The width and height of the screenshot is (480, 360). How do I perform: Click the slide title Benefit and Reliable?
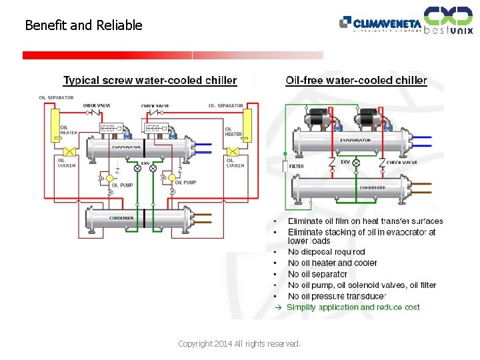coord(83,25)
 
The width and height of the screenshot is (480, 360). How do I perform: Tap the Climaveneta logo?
coord(381,23)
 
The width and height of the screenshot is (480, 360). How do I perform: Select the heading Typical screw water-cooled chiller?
coord(150,81)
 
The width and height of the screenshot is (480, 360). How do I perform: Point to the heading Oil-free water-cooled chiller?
coord(356,81)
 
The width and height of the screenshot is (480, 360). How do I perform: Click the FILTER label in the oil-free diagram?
coord(297,166)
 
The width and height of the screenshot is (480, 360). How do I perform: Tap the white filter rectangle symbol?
coord(285,167)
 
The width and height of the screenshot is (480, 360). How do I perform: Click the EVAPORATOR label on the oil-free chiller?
coord(355,140)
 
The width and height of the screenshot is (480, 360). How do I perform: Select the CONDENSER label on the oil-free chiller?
coord(372,188)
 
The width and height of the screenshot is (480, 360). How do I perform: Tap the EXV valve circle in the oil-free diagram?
coord(356,163)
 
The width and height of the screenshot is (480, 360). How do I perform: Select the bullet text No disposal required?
coord(326,252)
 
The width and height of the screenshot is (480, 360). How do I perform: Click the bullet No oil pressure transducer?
coord(337,296)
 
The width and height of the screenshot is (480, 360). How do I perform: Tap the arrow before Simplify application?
coord(279,307)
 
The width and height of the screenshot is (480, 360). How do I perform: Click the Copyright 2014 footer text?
coord(239,344)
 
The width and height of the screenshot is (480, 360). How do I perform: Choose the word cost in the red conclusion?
coord(412,307)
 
